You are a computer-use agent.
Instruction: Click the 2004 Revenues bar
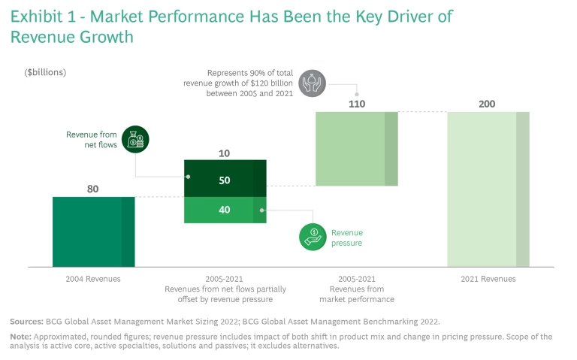coord(93,231)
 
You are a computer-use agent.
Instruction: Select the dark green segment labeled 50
coord(225,180)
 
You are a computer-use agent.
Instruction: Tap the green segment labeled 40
coord(225,210)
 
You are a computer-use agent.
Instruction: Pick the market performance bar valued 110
coord(356,148)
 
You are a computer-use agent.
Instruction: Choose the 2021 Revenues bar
coord(488,189)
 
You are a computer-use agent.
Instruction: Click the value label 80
coord(93,189)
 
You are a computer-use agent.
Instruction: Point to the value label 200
coord(488,104)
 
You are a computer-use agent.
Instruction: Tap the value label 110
coord(356,104)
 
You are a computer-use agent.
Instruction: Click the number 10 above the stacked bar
coord(225,153)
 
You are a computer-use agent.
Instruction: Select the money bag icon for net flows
coord(136,140)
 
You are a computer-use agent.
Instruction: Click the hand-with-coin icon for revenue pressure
coord(313,237)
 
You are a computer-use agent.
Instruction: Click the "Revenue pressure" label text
coord(347,237)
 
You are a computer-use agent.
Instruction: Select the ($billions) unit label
coord(46,72)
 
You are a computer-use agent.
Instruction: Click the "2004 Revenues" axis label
coord(93,279)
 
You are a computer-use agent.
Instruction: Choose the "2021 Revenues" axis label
coord(488,279)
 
